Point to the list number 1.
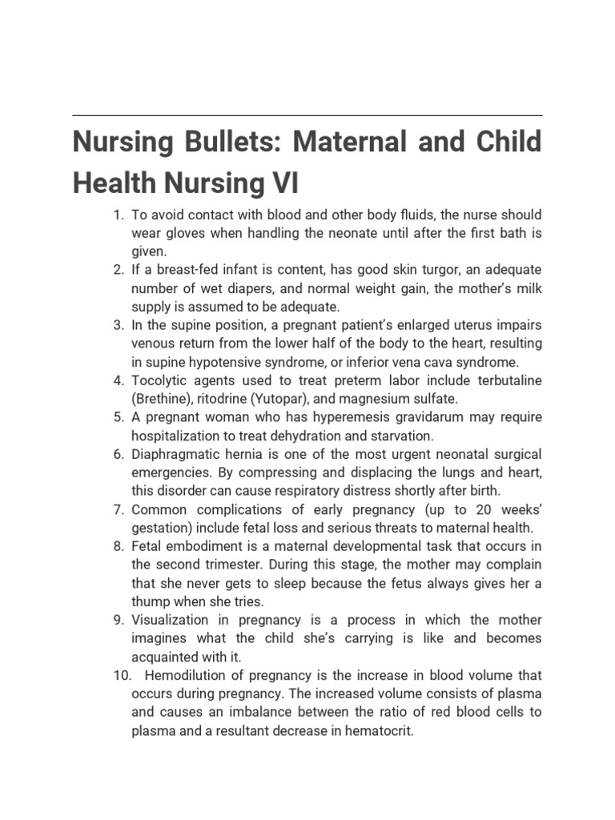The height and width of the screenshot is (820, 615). coord(119,215)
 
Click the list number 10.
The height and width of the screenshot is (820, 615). coord(119,675)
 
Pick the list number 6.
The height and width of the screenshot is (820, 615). coord(119,454)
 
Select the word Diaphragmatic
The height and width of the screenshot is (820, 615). coord(174,454)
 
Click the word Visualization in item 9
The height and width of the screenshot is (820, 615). coord(171,620)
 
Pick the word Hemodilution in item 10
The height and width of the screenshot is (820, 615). coord(187,675)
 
